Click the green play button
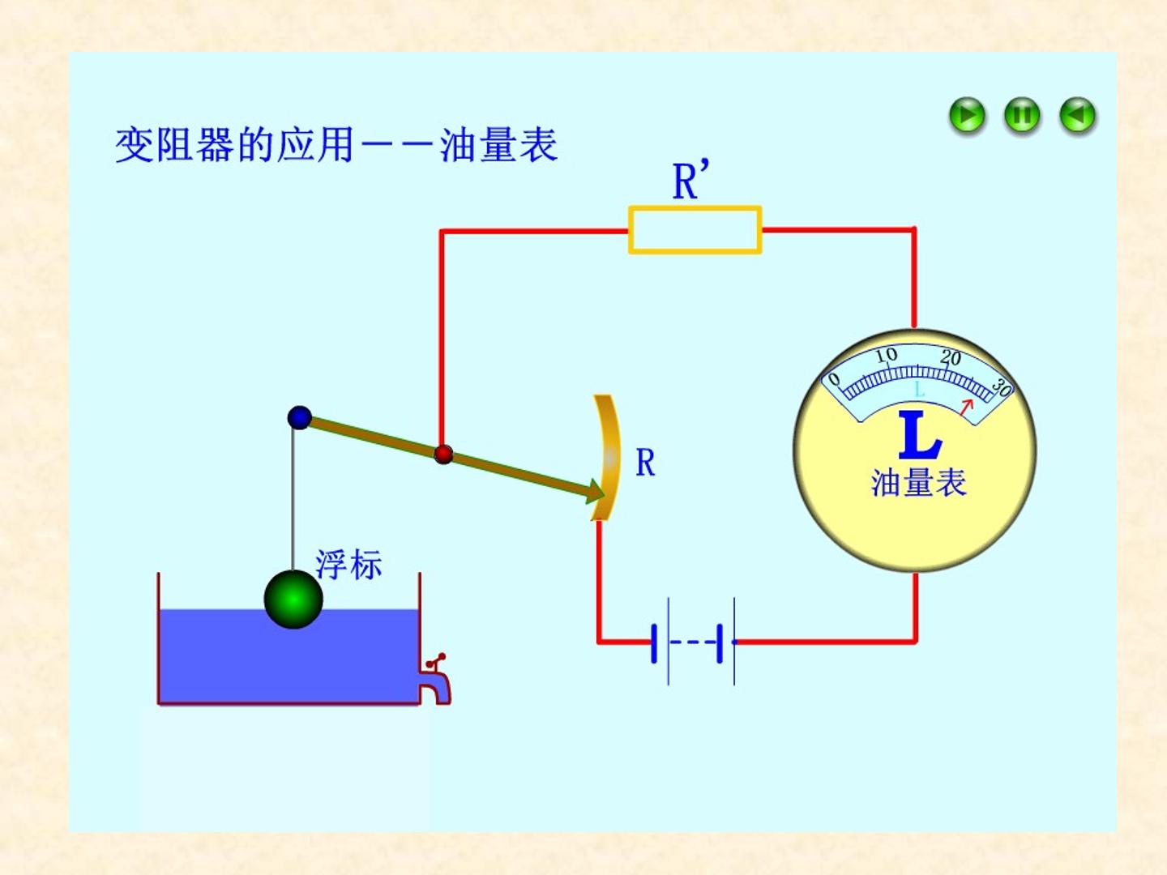967,115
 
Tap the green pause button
1022,115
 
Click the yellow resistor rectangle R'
695,230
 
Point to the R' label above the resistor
690,180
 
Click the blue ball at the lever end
299,417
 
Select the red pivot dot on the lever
442,455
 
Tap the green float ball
293,600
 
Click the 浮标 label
348,564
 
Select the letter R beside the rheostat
645,463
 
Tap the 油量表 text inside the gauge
919,482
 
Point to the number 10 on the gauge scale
887,354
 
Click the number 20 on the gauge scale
951,357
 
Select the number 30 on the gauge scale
1001,387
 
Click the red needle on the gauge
967,407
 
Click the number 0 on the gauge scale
834,379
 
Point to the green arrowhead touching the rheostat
595,491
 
